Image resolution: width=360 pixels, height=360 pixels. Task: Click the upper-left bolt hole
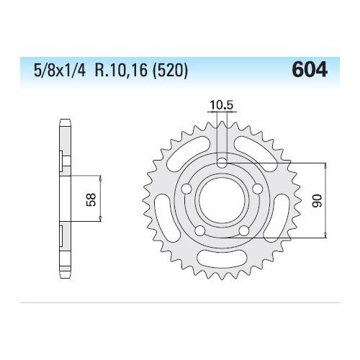tap(186, 188)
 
